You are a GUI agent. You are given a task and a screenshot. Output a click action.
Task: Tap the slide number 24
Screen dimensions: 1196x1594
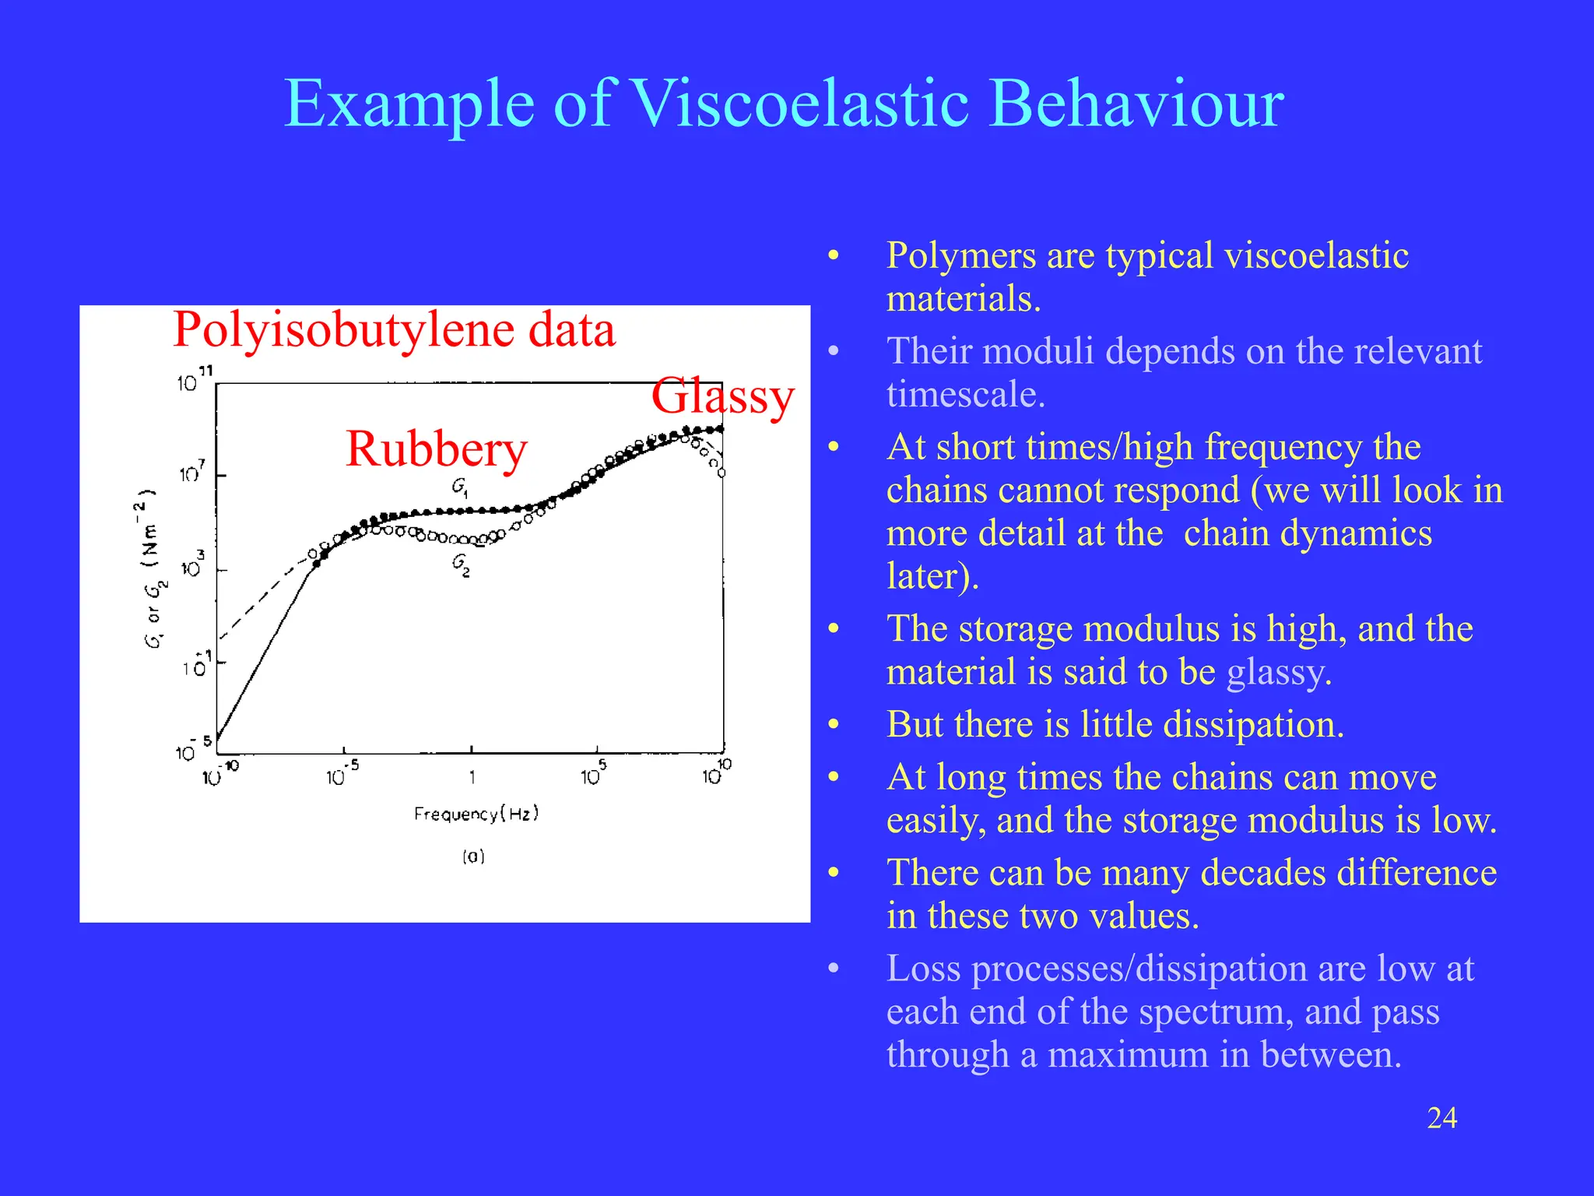click(1441, 1118)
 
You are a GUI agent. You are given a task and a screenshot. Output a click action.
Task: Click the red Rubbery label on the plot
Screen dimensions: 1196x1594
click(436, 450)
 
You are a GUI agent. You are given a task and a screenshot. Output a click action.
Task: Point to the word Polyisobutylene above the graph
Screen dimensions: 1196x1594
click(343, 330)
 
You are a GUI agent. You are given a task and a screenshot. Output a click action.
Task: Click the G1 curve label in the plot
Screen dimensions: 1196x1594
click(460, 487)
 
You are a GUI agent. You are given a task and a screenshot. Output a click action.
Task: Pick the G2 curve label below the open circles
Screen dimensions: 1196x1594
click(461, 565)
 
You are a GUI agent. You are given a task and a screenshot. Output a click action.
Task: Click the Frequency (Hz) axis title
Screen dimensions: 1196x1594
click(476, 814)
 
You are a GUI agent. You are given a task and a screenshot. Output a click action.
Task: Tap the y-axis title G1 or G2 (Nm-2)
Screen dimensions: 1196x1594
click(150, 568)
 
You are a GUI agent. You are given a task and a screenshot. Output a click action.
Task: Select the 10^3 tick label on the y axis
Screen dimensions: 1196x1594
click(192, 567)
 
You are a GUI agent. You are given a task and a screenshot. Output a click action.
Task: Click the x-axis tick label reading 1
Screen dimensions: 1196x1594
click(472, 777)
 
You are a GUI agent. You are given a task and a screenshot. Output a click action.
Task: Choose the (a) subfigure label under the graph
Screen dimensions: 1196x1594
click(473, 857)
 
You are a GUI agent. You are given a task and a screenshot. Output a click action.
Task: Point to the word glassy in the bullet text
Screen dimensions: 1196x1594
click(1278, 672)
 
